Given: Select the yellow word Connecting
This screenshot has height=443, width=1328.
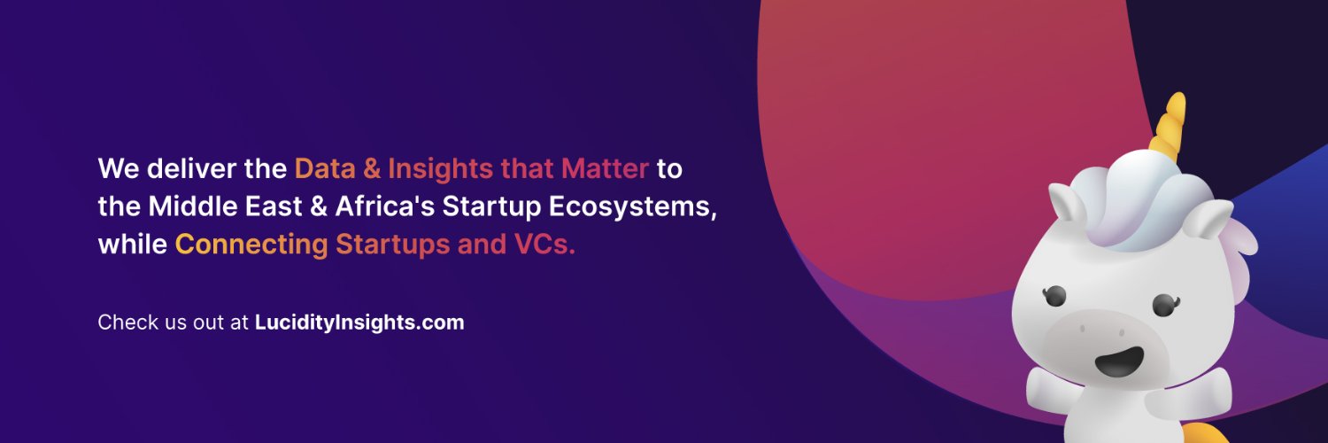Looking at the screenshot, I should click(x=251, y=245).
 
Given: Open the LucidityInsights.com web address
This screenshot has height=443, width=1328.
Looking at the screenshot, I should click(x=359, y=323).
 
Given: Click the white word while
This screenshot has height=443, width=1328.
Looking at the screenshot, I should click(x=133, y=245).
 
